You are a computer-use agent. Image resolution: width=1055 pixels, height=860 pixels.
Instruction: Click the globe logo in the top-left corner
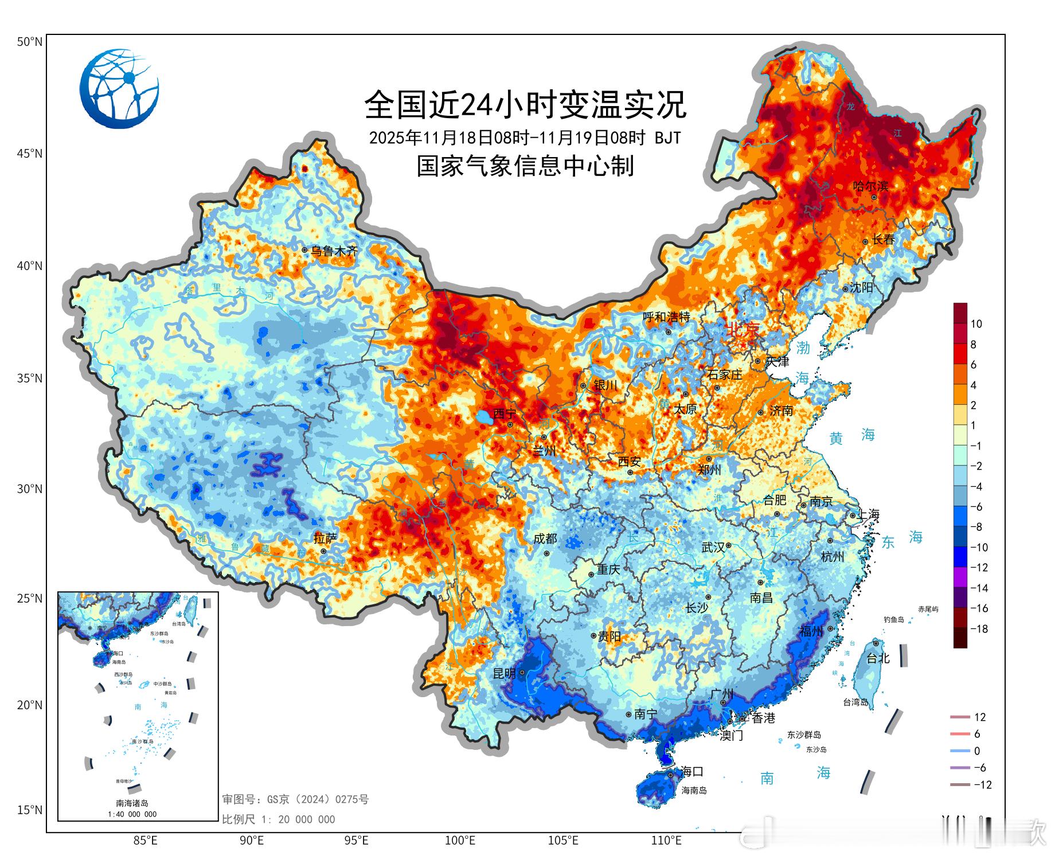pos(119,88)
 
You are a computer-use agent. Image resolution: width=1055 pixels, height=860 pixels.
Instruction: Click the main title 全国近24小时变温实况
pos(525,104)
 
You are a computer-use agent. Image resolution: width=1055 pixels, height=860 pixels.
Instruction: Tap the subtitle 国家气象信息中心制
pos(525,166)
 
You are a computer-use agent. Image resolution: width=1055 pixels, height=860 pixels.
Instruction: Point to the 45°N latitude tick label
pos(29,154)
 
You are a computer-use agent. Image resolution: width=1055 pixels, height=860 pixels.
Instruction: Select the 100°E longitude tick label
pos(460,841)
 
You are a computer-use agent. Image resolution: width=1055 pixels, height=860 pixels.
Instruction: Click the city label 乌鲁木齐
pos(334,251)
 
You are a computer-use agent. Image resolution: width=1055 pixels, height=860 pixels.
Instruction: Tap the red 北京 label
pos(743,330)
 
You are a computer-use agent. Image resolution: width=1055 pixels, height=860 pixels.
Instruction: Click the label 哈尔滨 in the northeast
pos(870,186)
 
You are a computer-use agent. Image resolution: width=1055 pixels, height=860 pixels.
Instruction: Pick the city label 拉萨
pos(325,538)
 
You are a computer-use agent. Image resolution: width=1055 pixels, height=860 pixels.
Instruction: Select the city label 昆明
pos(505,673)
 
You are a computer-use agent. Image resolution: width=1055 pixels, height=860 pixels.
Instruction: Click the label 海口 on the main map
pos(692,772)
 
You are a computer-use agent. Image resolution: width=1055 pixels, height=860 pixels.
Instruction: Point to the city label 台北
pos(878,658)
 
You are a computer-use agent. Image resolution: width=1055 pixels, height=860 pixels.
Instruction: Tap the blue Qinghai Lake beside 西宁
pos(485,417)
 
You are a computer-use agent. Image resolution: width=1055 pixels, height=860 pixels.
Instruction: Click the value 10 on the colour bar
pos(976,324)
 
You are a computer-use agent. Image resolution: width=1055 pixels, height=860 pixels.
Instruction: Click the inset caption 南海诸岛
pos(132,803)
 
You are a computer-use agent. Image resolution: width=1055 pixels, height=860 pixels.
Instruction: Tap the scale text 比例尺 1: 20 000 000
pos(279,820)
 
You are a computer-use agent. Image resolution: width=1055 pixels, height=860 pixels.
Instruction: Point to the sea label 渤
pos(803,347)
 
